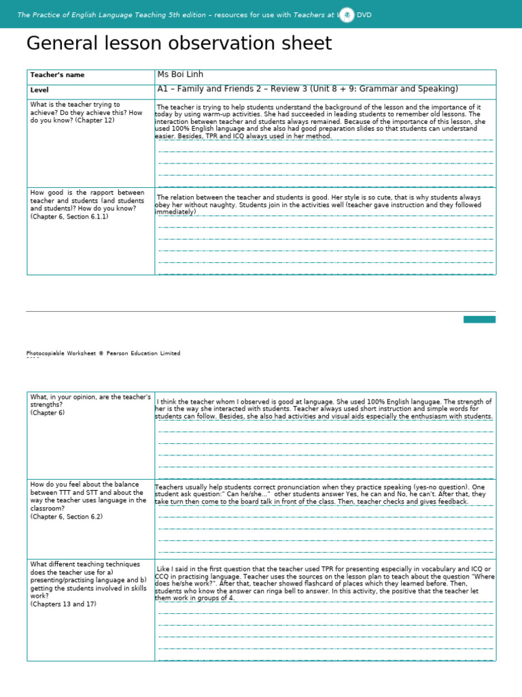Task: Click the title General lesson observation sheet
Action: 179,44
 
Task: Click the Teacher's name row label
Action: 58,75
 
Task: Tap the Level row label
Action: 39,90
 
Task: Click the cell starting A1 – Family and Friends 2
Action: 307,89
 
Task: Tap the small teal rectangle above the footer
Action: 479,319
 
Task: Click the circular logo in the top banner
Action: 347,14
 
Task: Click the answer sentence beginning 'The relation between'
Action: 318,197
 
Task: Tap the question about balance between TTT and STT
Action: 88,492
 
